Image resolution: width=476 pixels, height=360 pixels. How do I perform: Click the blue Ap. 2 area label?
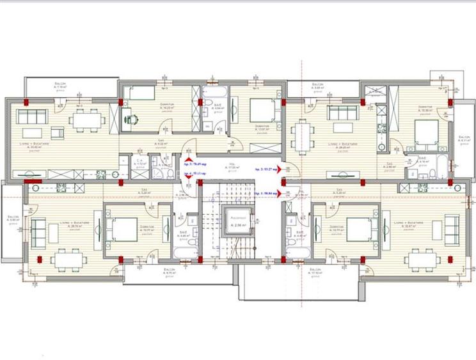point(267,169)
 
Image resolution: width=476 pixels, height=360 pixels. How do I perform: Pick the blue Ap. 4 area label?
point(197,173)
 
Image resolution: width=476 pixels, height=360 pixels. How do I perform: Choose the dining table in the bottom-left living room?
point(67,259)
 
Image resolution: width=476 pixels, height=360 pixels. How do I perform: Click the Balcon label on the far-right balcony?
point(464,139)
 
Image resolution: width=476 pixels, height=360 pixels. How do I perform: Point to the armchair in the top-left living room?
point(58,133)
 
